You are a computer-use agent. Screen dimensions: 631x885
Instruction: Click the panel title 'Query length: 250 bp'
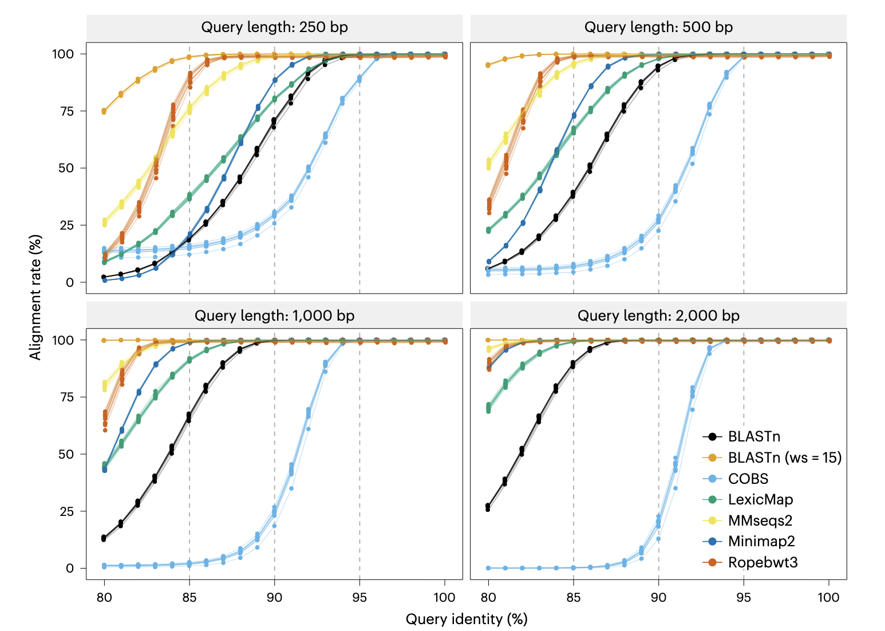point(274,27)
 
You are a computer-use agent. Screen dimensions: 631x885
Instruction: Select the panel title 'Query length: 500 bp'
point(658,27)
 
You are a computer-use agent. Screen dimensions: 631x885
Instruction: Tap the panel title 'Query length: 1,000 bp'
point(274,315)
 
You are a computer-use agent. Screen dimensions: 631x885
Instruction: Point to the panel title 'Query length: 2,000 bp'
point(658,315)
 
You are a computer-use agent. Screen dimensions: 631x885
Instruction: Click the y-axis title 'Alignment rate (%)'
point(35,297)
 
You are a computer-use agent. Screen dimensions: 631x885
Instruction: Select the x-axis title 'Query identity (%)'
point(466,619)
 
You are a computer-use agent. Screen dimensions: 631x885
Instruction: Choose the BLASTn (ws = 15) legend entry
point(784,458)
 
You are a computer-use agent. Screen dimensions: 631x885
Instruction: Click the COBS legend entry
point(748,479)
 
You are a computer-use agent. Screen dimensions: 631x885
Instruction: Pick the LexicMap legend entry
point(760,499)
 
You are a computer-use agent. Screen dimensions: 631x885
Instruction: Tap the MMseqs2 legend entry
point(760,520)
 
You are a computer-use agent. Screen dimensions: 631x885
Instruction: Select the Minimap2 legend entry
point(761,541)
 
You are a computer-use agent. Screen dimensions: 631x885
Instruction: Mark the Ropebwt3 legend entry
point(762,562)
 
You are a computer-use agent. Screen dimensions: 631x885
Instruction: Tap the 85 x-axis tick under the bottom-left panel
point(189,598)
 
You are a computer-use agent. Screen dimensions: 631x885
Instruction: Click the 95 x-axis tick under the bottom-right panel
point(744,598)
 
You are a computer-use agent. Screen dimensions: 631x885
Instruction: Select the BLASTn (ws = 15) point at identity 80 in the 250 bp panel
point(104,111)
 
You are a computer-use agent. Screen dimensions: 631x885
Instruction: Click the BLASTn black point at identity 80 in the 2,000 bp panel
point(488,507)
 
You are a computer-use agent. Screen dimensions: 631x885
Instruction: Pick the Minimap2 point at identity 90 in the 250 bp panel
point(275,80)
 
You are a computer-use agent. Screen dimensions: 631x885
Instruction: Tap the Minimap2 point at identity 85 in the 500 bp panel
point(574,116)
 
